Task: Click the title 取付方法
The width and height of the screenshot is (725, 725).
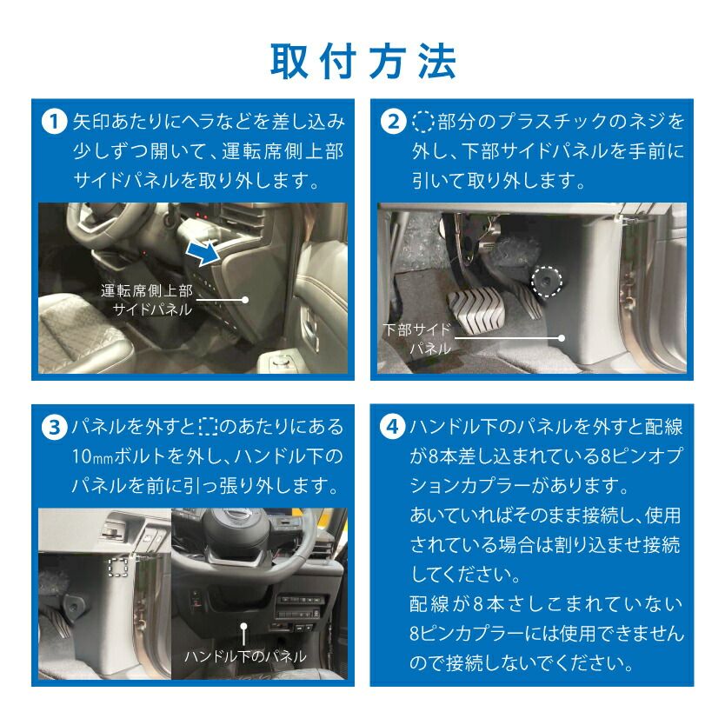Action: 363,62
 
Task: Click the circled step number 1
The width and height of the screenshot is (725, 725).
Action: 54,122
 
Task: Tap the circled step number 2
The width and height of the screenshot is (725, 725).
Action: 393,122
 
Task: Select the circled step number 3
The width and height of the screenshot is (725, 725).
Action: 54,427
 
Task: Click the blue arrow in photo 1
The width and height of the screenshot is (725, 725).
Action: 202,252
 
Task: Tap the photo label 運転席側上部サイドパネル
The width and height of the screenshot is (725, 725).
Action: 147,300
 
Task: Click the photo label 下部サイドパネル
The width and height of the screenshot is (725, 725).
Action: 417,339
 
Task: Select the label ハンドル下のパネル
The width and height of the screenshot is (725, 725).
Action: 245,656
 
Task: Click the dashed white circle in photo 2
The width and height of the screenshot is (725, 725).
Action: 547,281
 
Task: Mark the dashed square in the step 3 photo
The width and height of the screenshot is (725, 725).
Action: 118,567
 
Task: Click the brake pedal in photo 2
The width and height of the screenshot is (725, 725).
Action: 476,309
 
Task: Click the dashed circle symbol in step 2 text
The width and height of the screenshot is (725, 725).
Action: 422,122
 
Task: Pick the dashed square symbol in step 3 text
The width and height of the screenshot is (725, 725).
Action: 208,427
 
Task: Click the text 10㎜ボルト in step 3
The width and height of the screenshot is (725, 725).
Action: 119,457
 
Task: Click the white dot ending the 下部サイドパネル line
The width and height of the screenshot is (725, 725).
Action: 562,338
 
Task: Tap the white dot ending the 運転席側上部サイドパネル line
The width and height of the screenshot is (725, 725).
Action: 245,300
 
